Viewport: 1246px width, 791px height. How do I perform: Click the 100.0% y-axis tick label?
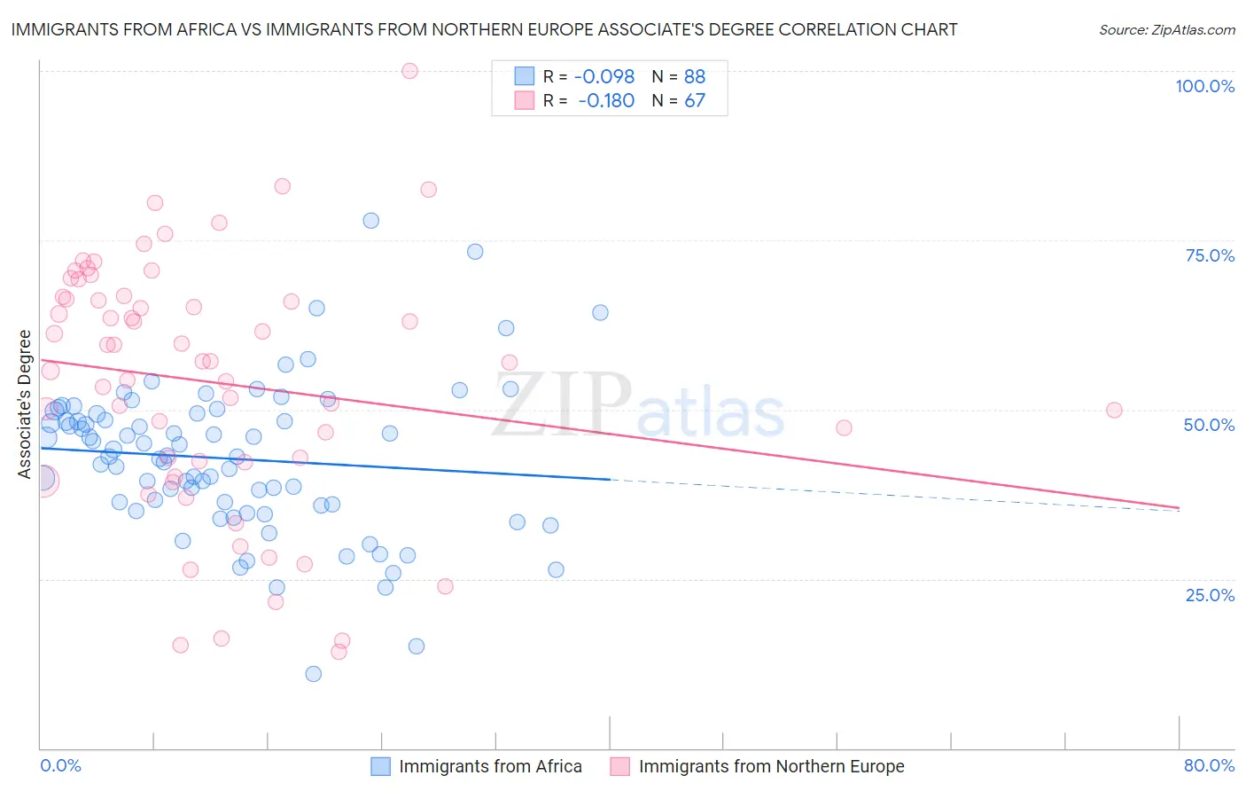click(1204, 86)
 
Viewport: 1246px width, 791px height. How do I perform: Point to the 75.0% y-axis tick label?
click(1210, 255)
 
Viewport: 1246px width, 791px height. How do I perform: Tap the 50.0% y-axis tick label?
click(1209, 425)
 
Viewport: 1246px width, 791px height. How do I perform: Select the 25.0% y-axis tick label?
click(1210, 594)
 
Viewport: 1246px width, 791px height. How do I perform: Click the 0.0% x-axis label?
click(60, 765)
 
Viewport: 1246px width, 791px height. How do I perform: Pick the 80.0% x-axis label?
click(1209, 765)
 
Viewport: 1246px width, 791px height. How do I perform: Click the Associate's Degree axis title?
click(25, 403)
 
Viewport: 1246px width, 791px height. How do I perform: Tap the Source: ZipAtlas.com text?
click(1166, 29)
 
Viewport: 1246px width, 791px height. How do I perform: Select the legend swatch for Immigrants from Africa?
click(380, 766)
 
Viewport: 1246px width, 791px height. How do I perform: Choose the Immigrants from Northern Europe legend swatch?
click(620, 766)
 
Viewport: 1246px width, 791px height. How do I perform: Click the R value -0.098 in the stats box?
click(604, 77)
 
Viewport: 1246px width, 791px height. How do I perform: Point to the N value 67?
click(695, 101)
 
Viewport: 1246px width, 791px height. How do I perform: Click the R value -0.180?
click(606, 101)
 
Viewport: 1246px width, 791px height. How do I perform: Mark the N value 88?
click(695, 77)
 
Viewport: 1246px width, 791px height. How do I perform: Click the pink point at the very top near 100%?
click(409, 71)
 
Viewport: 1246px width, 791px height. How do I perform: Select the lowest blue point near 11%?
click(313, 674)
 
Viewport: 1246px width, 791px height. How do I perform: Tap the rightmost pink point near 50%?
click(1114, 410)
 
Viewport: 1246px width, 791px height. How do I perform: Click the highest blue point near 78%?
click(371, 220)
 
